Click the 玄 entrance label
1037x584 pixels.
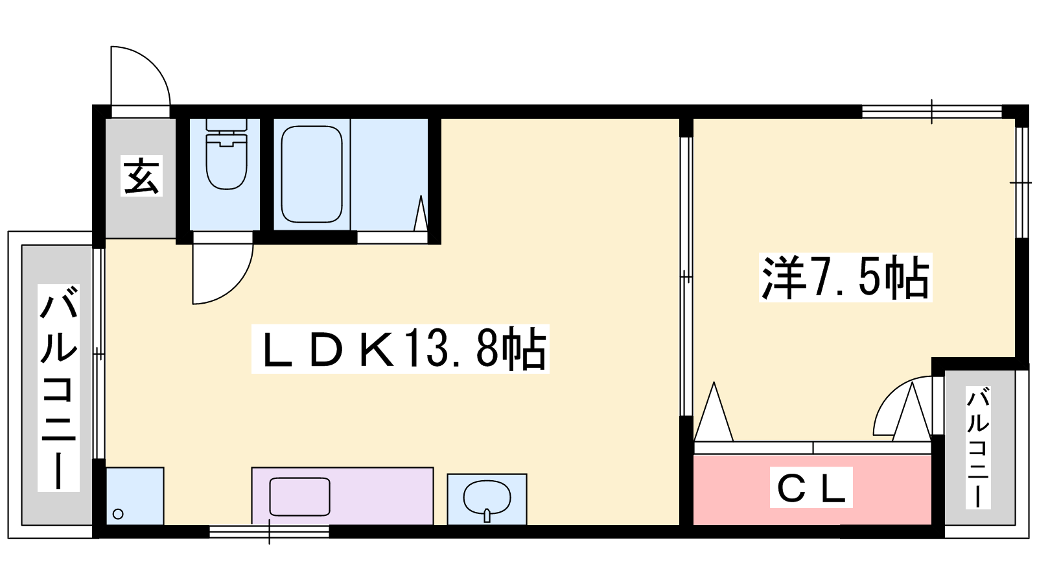click(141, 176)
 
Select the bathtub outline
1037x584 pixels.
click(312, 175)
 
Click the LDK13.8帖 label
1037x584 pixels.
click(401, 349)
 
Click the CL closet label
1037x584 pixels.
click(811, 487)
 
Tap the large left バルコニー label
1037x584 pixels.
click(58, 388)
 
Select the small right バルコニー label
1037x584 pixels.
click(978, 448)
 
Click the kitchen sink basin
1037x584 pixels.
click(299, 497)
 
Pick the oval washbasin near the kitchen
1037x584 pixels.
click(487, 498)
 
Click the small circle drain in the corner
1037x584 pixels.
click(118, 514)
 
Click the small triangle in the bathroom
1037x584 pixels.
click(421, 213)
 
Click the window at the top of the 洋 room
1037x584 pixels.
click(932, 112)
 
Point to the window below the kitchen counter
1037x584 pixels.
click(269, 531)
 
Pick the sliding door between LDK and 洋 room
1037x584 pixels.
click(686, 276)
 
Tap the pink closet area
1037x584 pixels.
click(812, 490)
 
